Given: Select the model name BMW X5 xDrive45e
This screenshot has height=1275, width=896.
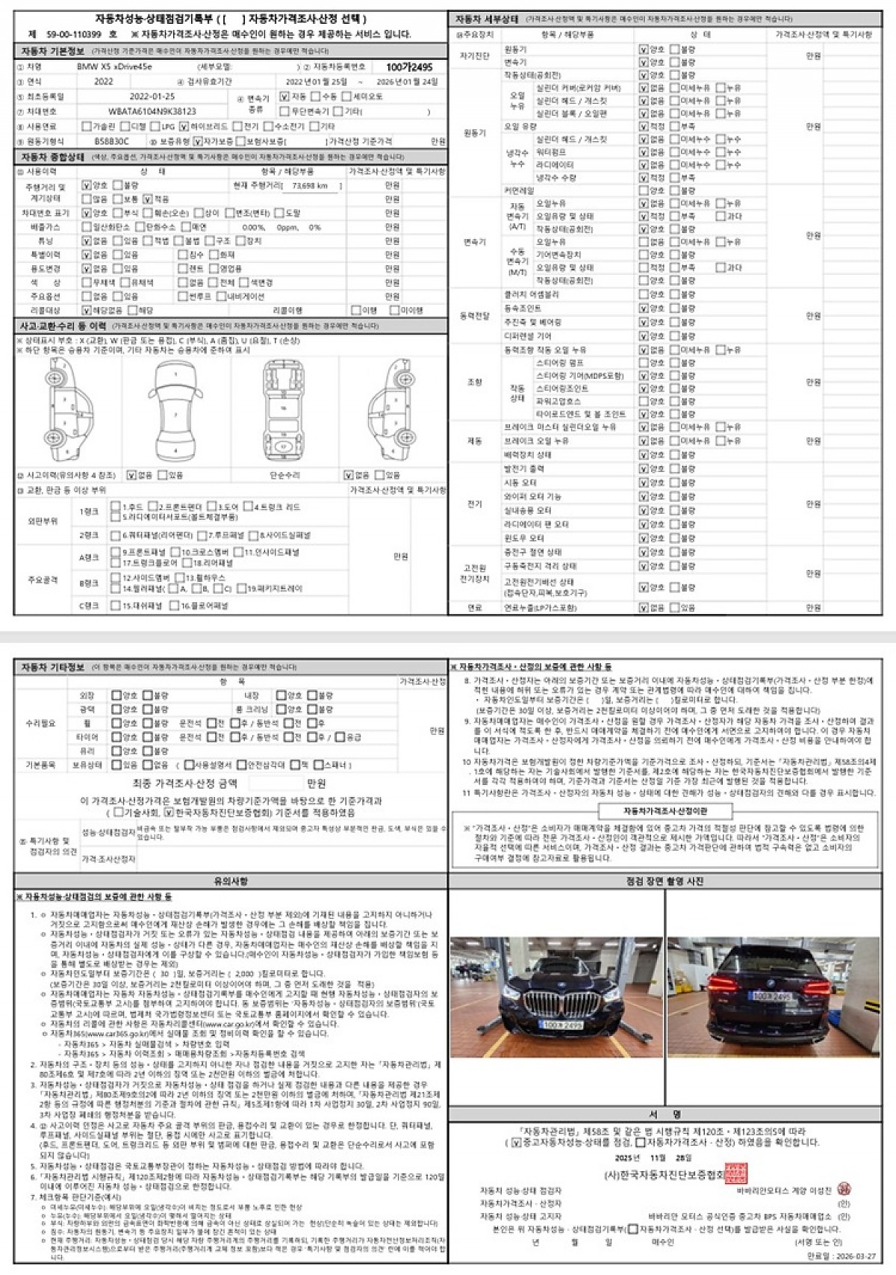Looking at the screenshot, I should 114,67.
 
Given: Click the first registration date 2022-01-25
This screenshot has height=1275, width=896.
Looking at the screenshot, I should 152,97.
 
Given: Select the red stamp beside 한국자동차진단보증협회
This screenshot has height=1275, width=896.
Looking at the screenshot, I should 735,1173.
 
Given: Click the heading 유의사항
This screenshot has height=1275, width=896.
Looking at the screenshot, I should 231,881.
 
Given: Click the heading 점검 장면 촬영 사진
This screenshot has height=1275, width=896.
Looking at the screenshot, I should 665,881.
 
